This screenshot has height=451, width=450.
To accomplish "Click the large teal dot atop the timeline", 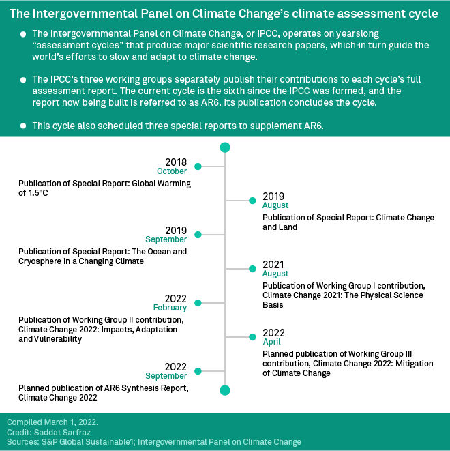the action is [225, 147].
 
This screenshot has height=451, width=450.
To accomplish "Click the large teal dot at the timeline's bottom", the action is [225, 390].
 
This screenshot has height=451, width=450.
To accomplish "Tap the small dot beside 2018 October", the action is [198, 166].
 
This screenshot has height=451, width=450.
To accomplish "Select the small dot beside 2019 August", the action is [252, 201].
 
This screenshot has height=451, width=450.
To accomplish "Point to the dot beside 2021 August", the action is [252, 269].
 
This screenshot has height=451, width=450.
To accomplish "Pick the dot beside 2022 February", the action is [198, 303].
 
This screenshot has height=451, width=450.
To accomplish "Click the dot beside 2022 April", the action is [252, 337].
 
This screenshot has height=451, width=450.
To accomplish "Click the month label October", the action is [172, 171].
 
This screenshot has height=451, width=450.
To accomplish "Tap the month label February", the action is [170, 308].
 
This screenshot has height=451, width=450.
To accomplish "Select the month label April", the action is [271, 342].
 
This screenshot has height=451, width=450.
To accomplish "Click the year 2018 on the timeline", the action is [176, 162].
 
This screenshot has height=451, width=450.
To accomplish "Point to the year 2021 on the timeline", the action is [273, 265].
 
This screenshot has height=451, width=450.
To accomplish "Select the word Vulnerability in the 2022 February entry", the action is [58, 339].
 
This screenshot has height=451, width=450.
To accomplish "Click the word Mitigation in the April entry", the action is [415, 364].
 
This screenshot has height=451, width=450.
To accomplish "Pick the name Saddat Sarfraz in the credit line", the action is [62, 433].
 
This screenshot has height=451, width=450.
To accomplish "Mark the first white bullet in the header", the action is [23, 34].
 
